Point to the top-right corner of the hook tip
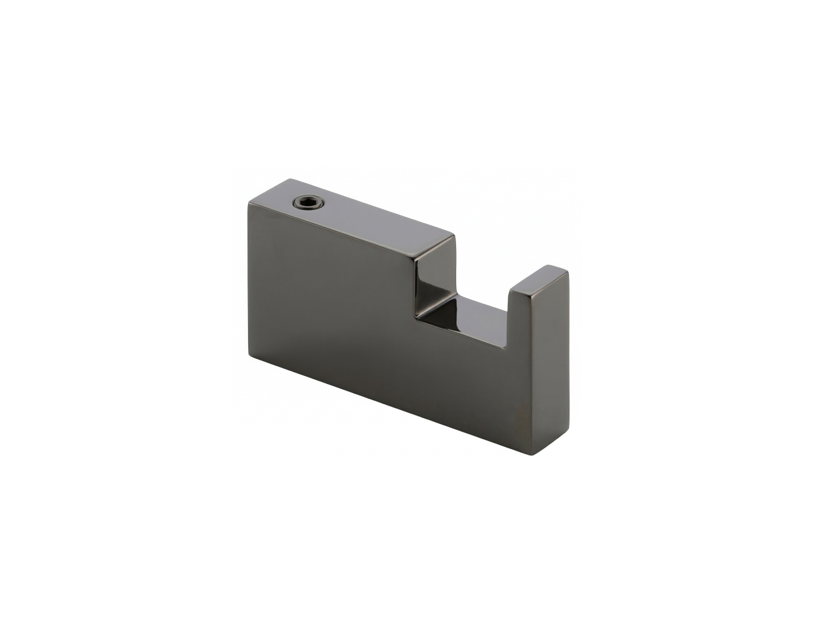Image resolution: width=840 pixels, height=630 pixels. click(568, 272)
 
